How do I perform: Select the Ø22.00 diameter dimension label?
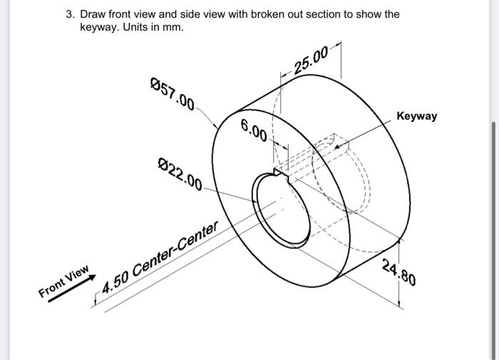click(x=180, y=173)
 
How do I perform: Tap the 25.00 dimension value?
click(x=312, y=59)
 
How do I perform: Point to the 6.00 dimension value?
click(x=254, y=130)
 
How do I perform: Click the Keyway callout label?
click(x=417, y=115)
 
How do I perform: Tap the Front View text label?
click(x=64, y=282)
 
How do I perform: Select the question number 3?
click(x=69, y=14)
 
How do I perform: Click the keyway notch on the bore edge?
click(x=279, y=172)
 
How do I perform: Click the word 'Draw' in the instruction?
click(x=93, y=14)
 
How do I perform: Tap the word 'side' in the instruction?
click(x=187, y=14)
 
